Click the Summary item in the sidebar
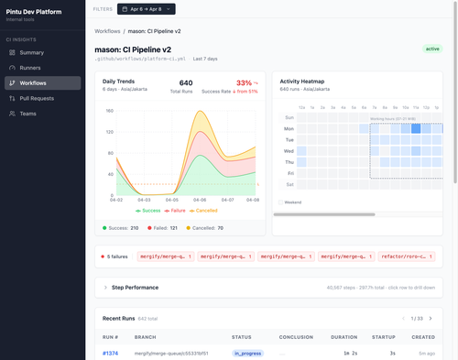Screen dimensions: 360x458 (x=31, y=52)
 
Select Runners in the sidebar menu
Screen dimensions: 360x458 (x=31, y=68)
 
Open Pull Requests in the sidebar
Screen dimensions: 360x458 (x=37, y=98)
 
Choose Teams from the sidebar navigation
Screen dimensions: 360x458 (x=29, y=114)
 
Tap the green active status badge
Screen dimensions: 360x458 (x=432, y=49)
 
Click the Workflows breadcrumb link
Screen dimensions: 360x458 (x=112, y=31)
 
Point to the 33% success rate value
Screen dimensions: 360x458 (x=244, y=82)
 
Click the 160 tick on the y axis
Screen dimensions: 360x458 (x=109, y=111)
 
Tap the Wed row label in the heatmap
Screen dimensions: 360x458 (x=289, y=150)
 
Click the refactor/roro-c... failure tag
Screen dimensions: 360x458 (x=409, y=257)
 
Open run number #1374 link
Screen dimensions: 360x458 (x=110, y=352)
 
